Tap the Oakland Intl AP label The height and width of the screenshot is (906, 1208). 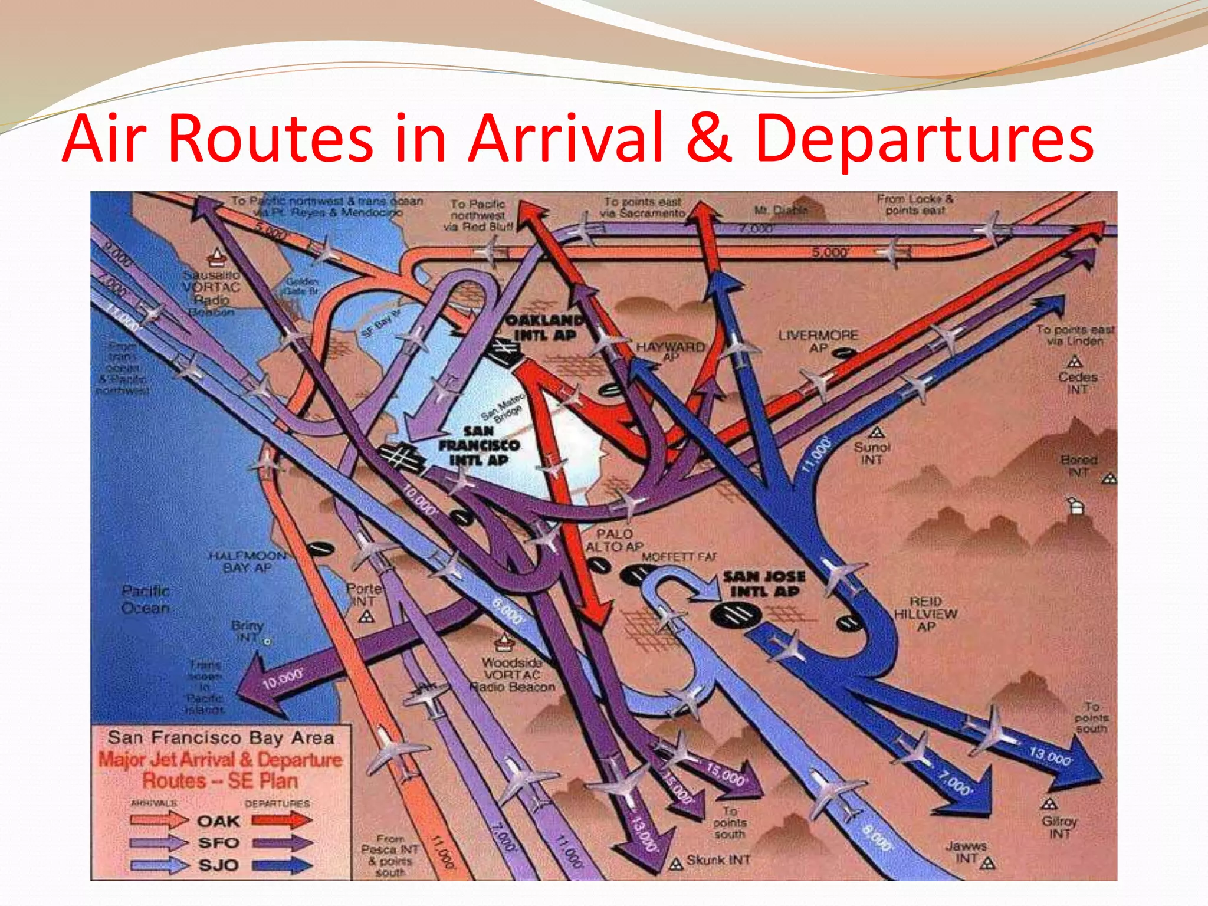[x=545, y=328]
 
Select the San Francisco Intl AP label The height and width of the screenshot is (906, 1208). [x=479, y=446]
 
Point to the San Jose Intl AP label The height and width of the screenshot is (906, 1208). [x=764, y=583]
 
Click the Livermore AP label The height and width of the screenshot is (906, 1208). [x=818, y=341]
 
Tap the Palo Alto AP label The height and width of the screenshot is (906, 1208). [x=614, y=540]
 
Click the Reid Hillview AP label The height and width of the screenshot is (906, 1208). [x=925, y=613]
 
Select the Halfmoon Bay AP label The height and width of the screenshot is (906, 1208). [x=248, y=562]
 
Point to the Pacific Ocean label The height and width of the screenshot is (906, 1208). [x=146, y=599]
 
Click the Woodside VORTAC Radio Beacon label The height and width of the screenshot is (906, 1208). [x=512, y=675]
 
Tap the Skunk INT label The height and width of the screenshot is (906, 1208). [x=718, y=860]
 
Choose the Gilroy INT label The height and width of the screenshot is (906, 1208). [x=1059, y=826]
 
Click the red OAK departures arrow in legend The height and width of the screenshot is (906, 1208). [x=282, y=820]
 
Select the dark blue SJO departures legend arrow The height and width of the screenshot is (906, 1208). [x=282, y=865]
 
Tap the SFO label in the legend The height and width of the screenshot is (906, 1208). [x=218, y=843]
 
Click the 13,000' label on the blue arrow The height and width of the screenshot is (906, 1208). [x=1050, y=756]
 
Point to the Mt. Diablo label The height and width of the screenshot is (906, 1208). [x=781, y=210]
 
